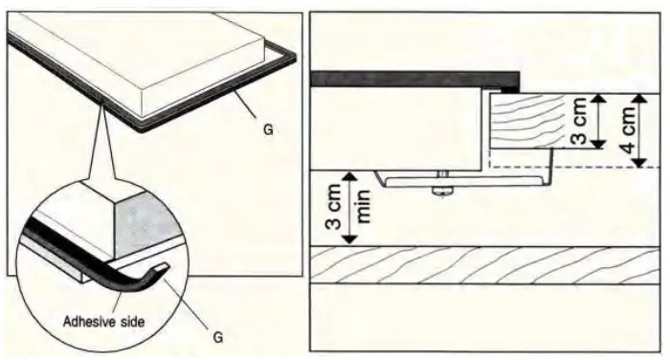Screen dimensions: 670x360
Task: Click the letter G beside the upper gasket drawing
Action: (x=268, y=129)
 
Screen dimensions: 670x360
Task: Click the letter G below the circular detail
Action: (x=218, y=338)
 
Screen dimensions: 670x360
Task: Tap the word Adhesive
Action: (x=89, y=322)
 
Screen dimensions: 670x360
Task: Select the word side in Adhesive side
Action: (x=131, y=322)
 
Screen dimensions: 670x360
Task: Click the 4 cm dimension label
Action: (x=629, y=130)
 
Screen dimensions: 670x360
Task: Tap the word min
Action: (x=363, y=207)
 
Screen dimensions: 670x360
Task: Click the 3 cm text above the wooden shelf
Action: (x=334, y=207)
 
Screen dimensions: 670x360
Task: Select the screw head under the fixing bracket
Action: (x=443, y=191)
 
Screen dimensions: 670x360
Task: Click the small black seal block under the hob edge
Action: (x=510, y=90)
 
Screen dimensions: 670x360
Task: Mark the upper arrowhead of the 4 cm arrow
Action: (x=639, y=98)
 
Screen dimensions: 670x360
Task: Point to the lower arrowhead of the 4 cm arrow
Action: (x=639, y=163)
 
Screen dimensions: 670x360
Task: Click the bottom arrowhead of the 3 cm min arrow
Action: (x=350, y=239)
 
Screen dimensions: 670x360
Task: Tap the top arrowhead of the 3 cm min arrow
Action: (x=350, y=175)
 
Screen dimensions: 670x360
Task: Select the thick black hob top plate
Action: (x=414, y=79)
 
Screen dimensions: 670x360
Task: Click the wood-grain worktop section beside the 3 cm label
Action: (x=528, y=121)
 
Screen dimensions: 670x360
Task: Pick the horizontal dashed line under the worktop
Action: (x=574, y=168)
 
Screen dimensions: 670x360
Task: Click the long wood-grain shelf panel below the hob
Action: (x=484, y=265)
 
